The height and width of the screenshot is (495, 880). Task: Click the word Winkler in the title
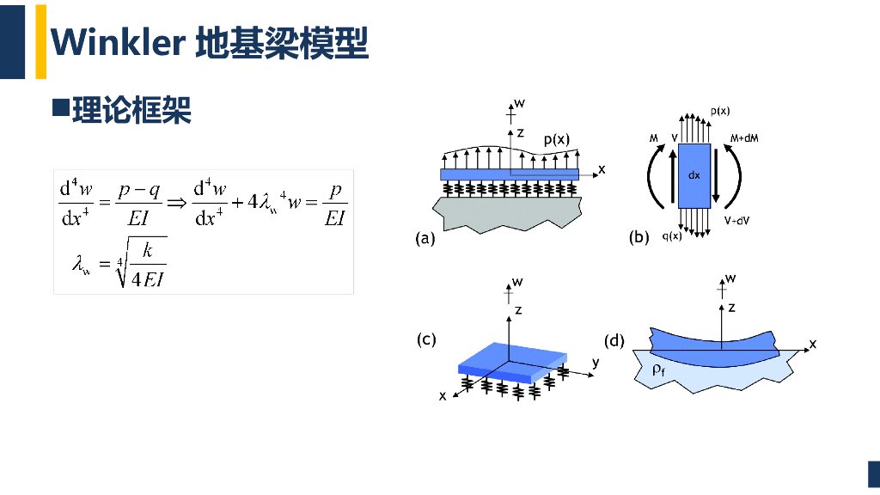pos(118,42)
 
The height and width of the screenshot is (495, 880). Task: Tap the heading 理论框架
pos(131,109)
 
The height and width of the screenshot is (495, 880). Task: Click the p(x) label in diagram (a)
pos(556,140)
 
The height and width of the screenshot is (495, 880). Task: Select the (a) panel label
pos(425,239)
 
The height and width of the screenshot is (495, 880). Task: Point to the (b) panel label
pos(639,237)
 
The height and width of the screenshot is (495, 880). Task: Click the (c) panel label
pos(426,339)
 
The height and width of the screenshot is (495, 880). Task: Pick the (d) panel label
pos(614,340)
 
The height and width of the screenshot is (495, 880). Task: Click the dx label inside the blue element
pos(694,175)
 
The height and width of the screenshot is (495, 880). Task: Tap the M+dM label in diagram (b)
pos(744,138)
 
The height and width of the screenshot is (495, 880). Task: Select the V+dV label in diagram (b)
pos(736,221)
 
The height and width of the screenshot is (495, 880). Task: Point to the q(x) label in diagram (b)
pos(672,235)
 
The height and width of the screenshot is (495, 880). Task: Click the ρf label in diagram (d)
pos(658,370)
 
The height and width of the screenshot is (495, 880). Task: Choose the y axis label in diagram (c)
pos(596,363)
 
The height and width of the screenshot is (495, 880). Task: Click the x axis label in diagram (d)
pos(813,344)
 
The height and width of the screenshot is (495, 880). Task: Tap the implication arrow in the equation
pos(177,203)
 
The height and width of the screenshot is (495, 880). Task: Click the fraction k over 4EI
pos(148,264)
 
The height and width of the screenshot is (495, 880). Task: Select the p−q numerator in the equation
pos(139,191)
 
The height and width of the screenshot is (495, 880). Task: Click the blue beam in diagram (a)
pos(510,174)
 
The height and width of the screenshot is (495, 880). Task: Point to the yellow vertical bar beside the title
pos(41,41)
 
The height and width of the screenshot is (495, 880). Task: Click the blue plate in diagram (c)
pos(512,362)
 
